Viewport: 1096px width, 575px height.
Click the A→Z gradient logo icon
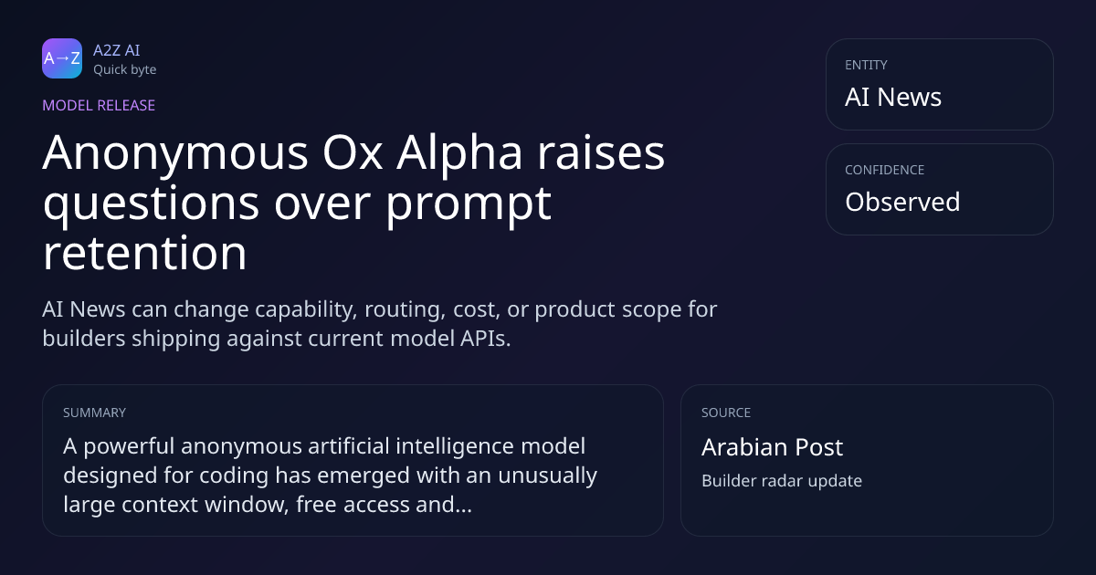point(62,58)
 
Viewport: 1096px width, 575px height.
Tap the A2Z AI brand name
point(117,50)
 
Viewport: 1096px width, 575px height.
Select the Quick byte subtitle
point(125,70)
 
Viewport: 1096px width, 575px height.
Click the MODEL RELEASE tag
point(99,105)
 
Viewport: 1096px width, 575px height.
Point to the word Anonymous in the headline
point(175,154)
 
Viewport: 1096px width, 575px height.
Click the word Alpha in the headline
point(458,154)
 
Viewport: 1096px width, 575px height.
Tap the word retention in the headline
point(144,254)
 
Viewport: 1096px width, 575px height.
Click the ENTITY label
point(866,65)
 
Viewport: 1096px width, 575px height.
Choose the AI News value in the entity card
point(893,97)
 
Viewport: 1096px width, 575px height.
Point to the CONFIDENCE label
point(884,170)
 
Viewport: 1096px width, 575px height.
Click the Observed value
point(902,202)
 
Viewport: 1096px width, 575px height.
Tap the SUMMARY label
point(94,413)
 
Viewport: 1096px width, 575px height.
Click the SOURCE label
point(725,413)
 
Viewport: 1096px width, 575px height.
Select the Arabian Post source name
point(772,447)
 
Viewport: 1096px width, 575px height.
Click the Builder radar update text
point(782,481)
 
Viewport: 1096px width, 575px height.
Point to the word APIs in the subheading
point(485,339)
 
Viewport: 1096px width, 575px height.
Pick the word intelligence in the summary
point(455,447)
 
